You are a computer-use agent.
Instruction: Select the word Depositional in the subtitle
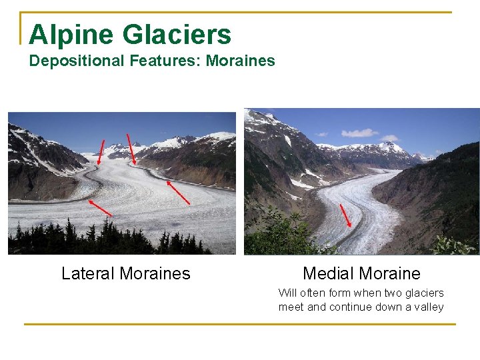pyautogui.click(x=73, y=61)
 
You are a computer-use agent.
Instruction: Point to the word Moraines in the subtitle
pyautogui.click(x=241, y=61)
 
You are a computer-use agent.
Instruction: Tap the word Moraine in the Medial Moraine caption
pyautogui.click(x=392, y=273)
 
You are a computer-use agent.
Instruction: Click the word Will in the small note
pyautogui.click(x=287, y=293)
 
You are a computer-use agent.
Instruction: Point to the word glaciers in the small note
pyautogui.click(x=425, y=293)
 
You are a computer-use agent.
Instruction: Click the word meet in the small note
pyautogui.click(x=291, y=307)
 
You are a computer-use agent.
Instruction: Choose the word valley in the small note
pyautogui.click(x=428, y=307)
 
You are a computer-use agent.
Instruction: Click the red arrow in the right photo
pyautogui.click(x=345, y=215)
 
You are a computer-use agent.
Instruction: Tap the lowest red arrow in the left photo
pyautogui.click(x=100, y=207)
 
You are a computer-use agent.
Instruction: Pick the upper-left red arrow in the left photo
pyautogui.click(x=101, y=151)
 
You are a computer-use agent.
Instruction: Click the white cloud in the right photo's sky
pyautogui.click(x=360, y=133)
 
